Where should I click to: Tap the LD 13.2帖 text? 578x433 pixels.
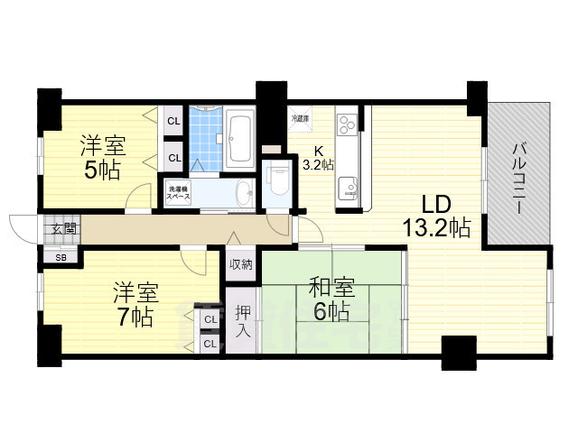point(436,216)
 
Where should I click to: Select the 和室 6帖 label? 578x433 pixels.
point(329,299)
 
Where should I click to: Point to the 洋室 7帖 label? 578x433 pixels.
point(135,304)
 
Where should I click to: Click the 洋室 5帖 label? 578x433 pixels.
point(102,157)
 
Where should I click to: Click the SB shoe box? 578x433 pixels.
point(61,257)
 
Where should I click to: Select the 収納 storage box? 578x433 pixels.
point(240,264)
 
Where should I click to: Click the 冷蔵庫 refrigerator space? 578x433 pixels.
point(300,118)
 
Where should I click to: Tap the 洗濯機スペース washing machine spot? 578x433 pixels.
point(177,194)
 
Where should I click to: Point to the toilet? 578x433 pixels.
point(278,180)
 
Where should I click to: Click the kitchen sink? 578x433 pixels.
point(349,189)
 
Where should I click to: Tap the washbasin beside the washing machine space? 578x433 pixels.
point(242,192)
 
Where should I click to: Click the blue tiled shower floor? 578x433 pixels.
point(206,141)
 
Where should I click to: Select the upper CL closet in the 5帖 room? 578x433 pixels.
point(174,121)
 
